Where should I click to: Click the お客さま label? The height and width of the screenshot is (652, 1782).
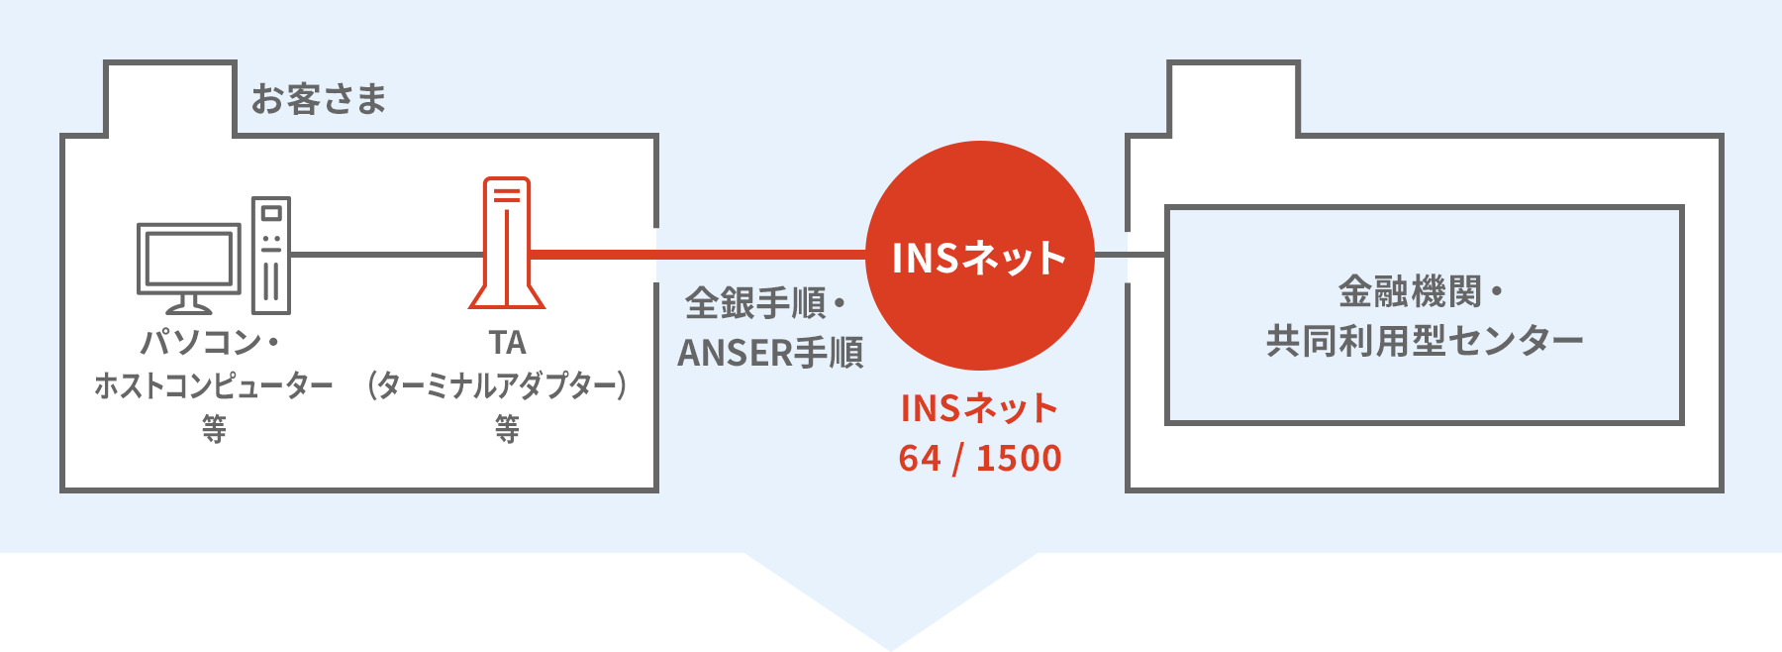point(318,99)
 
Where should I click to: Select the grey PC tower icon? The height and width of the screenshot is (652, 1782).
point(271,255)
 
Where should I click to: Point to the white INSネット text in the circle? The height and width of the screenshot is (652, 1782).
point(979,258)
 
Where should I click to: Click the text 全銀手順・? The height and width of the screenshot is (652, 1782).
point(766,302)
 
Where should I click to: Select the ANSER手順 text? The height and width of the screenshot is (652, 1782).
point(770,352)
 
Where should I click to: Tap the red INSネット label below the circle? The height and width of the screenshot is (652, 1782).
point(979,407)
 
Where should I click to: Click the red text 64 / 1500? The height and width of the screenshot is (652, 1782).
point(980,458)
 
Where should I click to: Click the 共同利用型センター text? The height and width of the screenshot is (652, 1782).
point(1425,341)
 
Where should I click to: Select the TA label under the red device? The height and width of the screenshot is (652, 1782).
point(507,343)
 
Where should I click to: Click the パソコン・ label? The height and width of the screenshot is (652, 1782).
point(211,342)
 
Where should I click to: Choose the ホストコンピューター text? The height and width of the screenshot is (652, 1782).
point(214,384)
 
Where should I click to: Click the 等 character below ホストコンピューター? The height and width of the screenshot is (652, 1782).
point(214,428)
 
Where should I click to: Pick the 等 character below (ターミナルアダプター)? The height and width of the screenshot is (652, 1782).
point(507,428)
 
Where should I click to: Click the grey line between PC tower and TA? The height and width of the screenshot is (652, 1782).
point(387,255)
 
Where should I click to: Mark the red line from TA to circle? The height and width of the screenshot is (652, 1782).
point(699,255)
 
